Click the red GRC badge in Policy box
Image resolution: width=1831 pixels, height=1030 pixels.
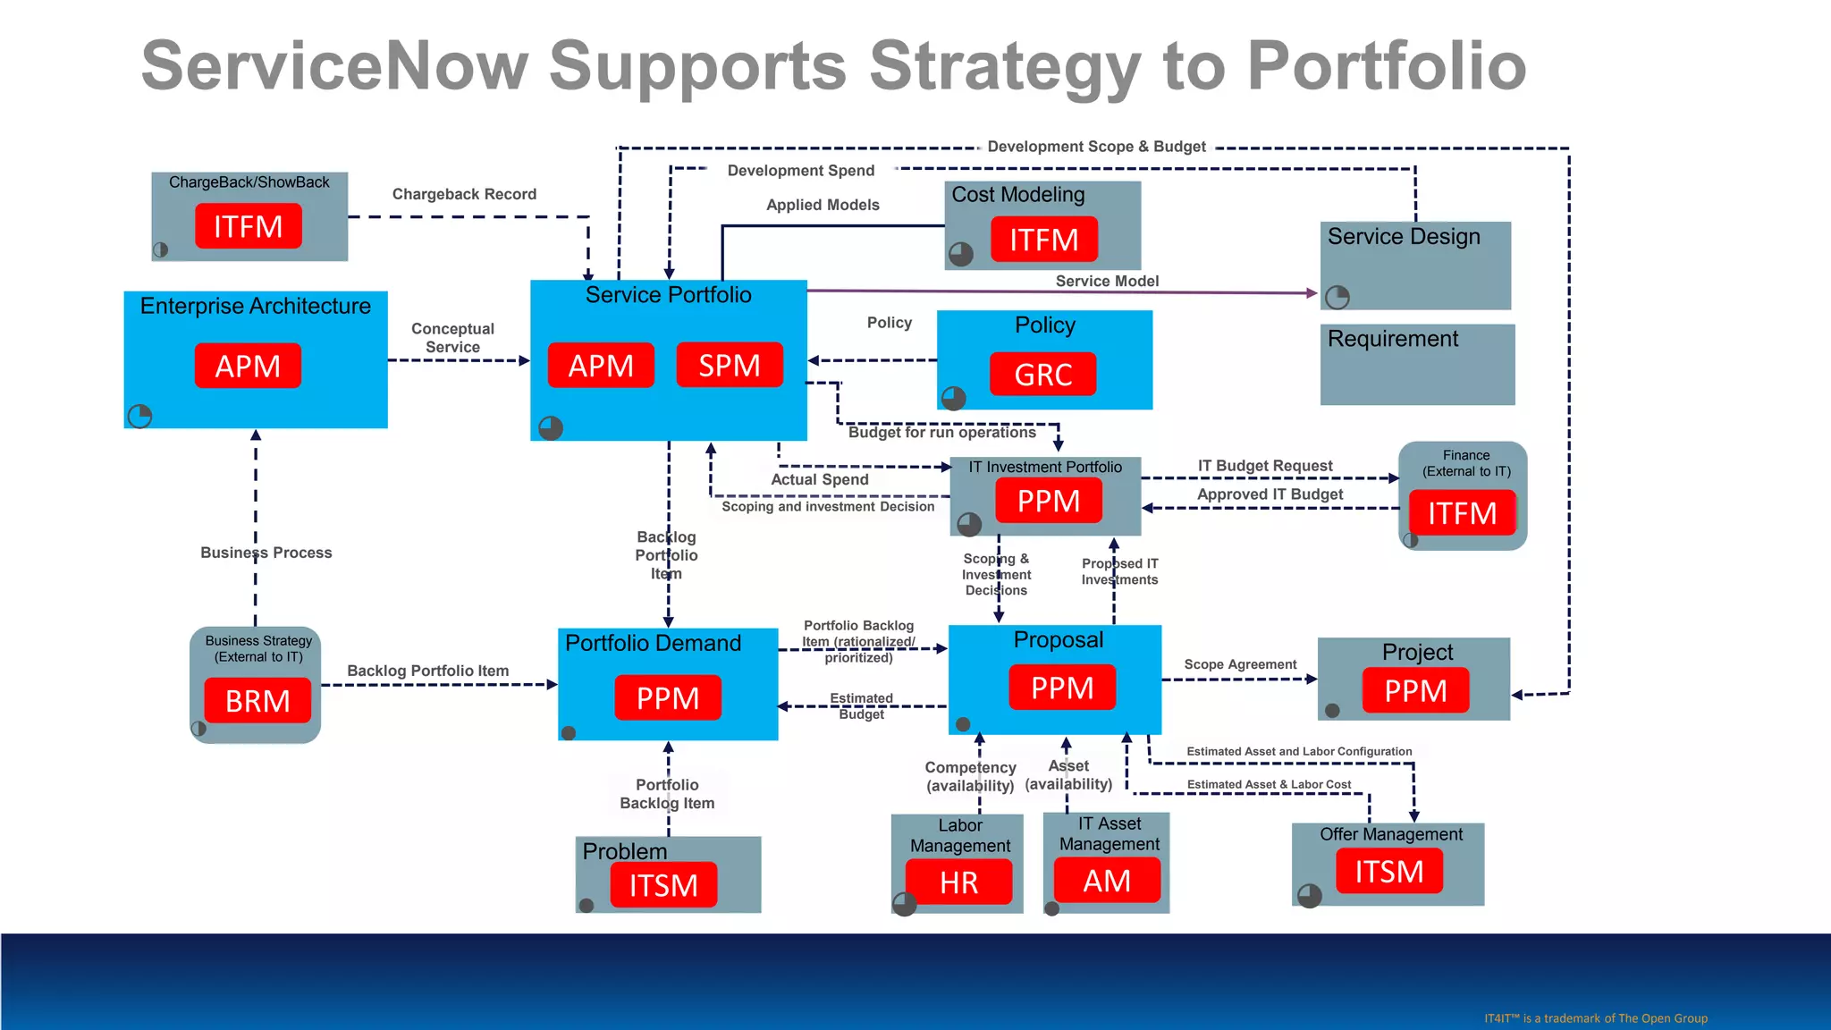1042,375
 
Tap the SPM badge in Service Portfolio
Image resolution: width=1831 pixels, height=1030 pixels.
730,365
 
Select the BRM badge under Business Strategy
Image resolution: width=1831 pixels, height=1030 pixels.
257,701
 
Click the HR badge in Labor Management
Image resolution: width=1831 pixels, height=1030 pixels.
958,882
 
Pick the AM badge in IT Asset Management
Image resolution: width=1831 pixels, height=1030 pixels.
1107,881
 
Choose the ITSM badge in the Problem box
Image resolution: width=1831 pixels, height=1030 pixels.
663,885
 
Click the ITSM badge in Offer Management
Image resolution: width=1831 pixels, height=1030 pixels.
1389,872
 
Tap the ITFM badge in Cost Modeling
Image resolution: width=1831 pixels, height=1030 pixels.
1043,240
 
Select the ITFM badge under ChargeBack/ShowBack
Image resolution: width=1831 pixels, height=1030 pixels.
248,226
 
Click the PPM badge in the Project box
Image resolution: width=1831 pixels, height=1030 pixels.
1415,690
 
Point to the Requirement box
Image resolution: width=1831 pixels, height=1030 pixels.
1417,365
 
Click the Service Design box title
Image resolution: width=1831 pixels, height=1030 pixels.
1404,237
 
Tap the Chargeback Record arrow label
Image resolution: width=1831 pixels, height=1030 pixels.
464,194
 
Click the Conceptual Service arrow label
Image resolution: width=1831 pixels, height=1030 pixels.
452,338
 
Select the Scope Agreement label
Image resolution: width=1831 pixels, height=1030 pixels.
1240,664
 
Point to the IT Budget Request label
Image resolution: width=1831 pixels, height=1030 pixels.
1265,466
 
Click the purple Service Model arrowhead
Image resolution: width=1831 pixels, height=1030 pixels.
1312,292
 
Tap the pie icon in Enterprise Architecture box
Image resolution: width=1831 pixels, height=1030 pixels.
140,416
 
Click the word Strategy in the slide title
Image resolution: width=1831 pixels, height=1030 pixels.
1004,67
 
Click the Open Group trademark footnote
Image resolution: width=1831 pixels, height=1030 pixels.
1596,1018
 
